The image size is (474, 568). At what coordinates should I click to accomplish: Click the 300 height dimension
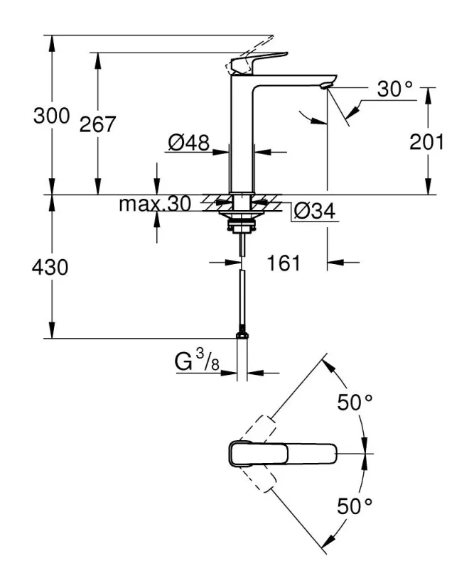click(51, 116)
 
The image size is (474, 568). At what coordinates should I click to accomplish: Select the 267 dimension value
click(97, 124)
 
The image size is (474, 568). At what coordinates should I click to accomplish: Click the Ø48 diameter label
click(188, 143)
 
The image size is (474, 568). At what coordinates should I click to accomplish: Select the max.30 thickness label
click(155, 204)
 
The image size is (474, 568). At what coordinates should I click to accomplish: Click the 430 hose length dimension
click(51, 268)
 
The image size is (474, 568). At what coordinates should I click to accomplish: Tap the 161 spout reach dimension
click(284, 263)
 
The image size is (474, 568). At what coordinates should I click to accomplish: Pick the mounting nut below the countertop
click(242, 228)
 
